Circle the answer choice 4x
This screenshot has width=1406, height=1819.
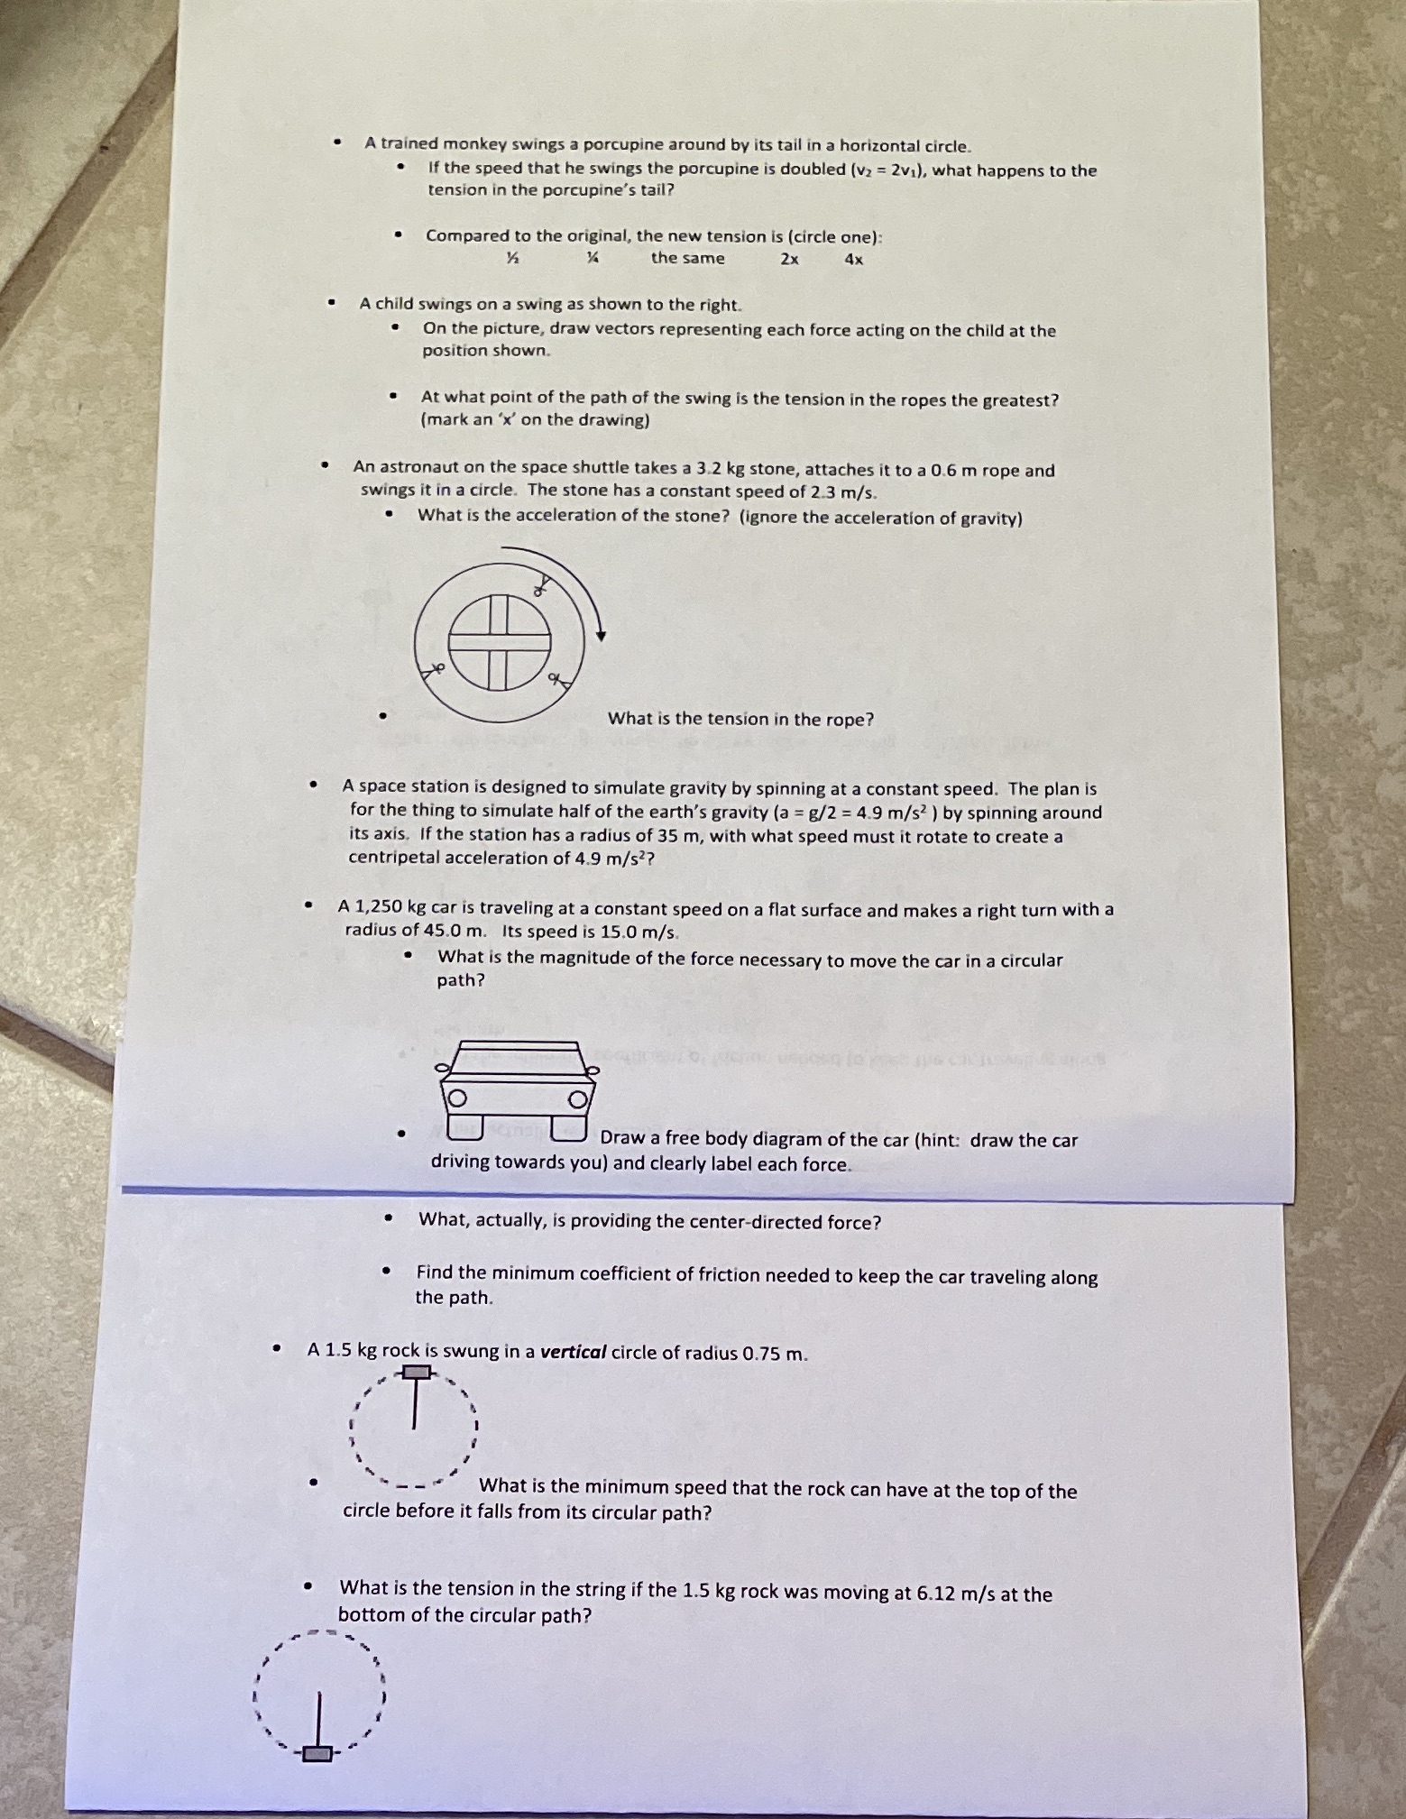[x=853, y=260]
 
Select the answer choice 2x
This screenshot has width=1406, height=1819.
[x=789, y=259]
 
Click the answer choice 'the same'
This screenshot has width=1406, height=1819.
[x=688, y=258]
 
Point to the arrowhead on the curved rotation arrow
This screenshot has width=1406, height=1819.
[x=601, y=636]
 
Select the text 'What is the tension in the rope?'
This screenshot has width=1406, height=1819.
[x=740, y=719]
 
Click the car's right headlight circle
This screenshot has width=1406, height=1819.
[x=576, y=1100]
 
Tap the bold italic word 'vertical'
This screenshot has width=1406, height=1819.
[x=573, y=1352]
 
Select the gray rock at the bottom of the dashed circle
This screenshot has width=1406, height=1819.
[x=317, y=1753]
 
